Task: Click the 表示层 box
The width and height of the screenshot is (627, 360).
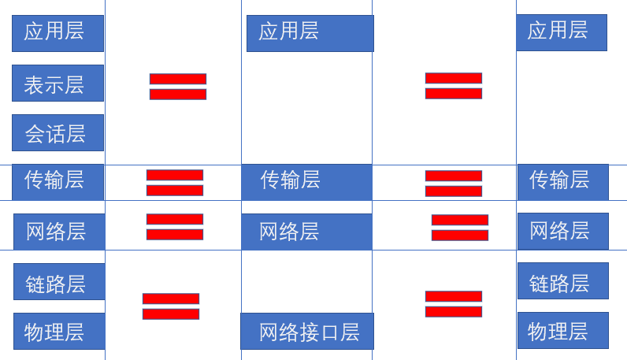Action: [58, 84]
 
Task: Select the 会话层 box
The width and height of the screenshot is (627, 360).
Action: [58, 132]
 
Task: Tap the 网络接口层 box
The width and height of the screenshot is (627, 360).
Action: [307, 331]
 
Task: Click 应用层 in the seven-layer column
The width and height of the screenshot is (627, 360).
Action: [58, 33]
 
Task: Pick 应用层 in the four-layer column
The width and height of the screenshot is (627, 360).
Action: [310, 33]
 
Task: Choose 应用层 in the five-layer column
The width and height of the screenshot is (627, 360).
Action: [561, 32]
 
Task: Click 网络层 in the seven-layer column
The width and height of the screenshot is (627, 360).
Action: [59, 232]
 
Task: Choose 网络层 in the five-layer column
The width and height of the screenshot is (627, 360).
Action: [562, 231]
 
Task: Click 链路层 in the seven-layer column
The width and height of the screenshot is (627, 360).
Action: [59, 281]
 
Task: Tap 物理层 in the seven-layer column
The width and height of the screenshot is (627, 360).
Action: [59, 331]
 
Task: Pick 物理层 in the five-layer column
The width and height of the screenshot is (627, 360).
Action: [562, 330]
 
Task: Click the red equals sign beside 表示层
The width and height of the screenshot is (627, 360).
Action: [178, 87]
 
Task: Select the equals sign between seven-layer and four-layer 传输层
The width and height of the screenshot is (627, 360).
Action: [175, 183]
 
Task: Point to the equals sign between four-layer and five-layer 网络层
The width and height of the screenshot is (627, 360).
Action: [460, 228]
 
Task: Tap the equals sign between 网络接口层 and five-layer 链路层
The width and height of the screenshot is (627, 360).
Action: [454, 304]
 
